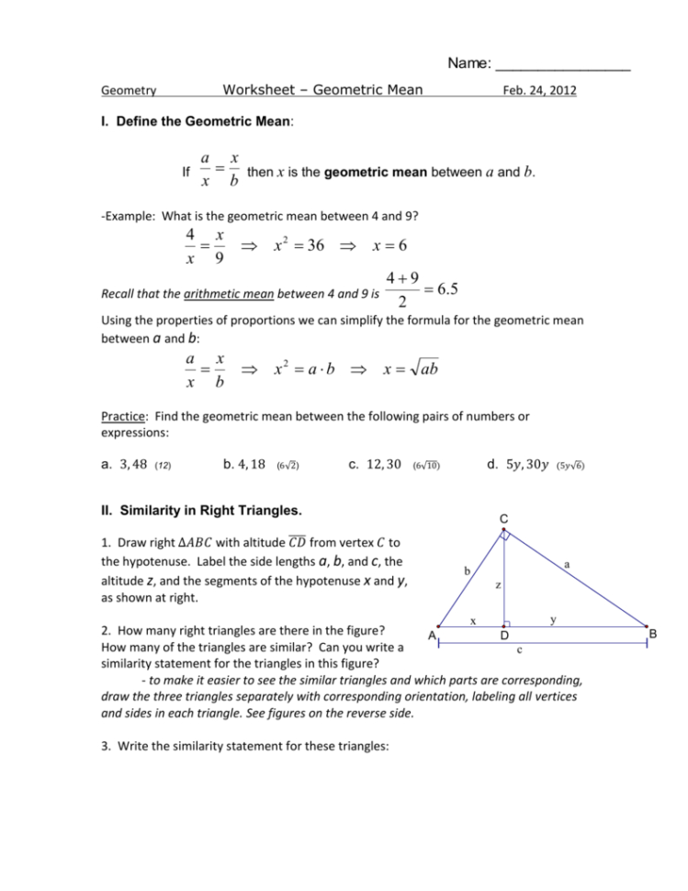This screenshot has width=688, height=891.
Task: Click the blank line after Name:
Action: [562, 65]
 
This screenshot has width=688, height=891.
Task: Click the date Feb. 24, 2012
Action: [539, 91]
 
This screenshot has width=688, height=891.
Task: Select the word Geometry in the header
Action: [128, 91]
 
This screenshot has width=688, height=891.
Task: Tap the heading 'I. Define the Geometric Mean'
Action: [197, 120]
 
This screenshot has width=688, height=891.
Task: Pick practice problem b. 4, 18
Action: [244, 465]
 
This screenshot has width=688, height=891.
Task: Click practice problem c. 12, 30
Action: [376, 465]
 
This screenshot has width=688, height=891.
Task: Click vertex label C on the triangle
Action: [504, 520]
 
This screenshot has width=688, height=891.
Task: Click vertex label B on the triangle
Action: [653, 634]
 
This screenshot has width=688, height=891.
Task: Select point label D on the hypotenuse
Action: [504, 637]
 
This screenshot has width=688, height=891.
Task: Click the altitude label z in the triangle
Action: [497, 584]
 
